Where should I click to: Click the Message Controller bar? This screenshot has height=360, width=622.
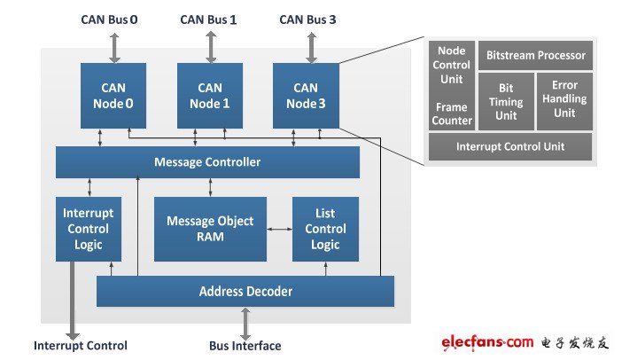point(207,162)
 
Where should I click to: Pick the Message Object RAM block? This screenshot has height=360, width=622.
point(210,229)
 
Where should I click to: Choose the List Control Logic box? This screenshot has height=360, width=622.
point(325,229)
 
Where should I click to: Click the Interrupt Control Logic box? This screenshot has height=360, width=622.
point(88,229)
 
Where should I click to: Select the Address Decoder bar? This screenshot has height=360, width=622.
point(245,291)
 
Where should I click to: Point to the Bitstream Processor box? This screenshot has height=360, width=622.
point(535,55)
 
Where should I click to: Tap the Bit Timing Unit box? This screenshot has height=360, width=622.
point(506,101)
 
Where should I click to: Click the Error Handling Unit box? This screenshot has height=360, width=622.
point(564,101)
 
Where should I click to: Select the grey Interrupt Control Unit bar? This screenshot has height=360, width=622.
point(510,146)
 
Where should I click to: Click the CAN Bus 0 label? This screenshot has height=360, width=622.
point(111,19)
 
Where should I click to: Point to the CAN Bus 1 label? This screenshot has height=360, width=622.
point(208,19)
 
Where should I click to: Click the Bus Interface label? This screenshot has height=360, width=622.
point(245,345)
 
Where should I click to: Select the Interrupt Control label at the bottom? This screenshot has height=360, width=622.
point(81,345)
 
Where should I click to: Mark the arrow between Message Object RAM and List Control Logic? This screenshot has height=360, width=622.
point(279,229)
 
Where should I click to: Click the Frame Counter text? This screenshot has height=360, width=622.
point(452,113)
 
